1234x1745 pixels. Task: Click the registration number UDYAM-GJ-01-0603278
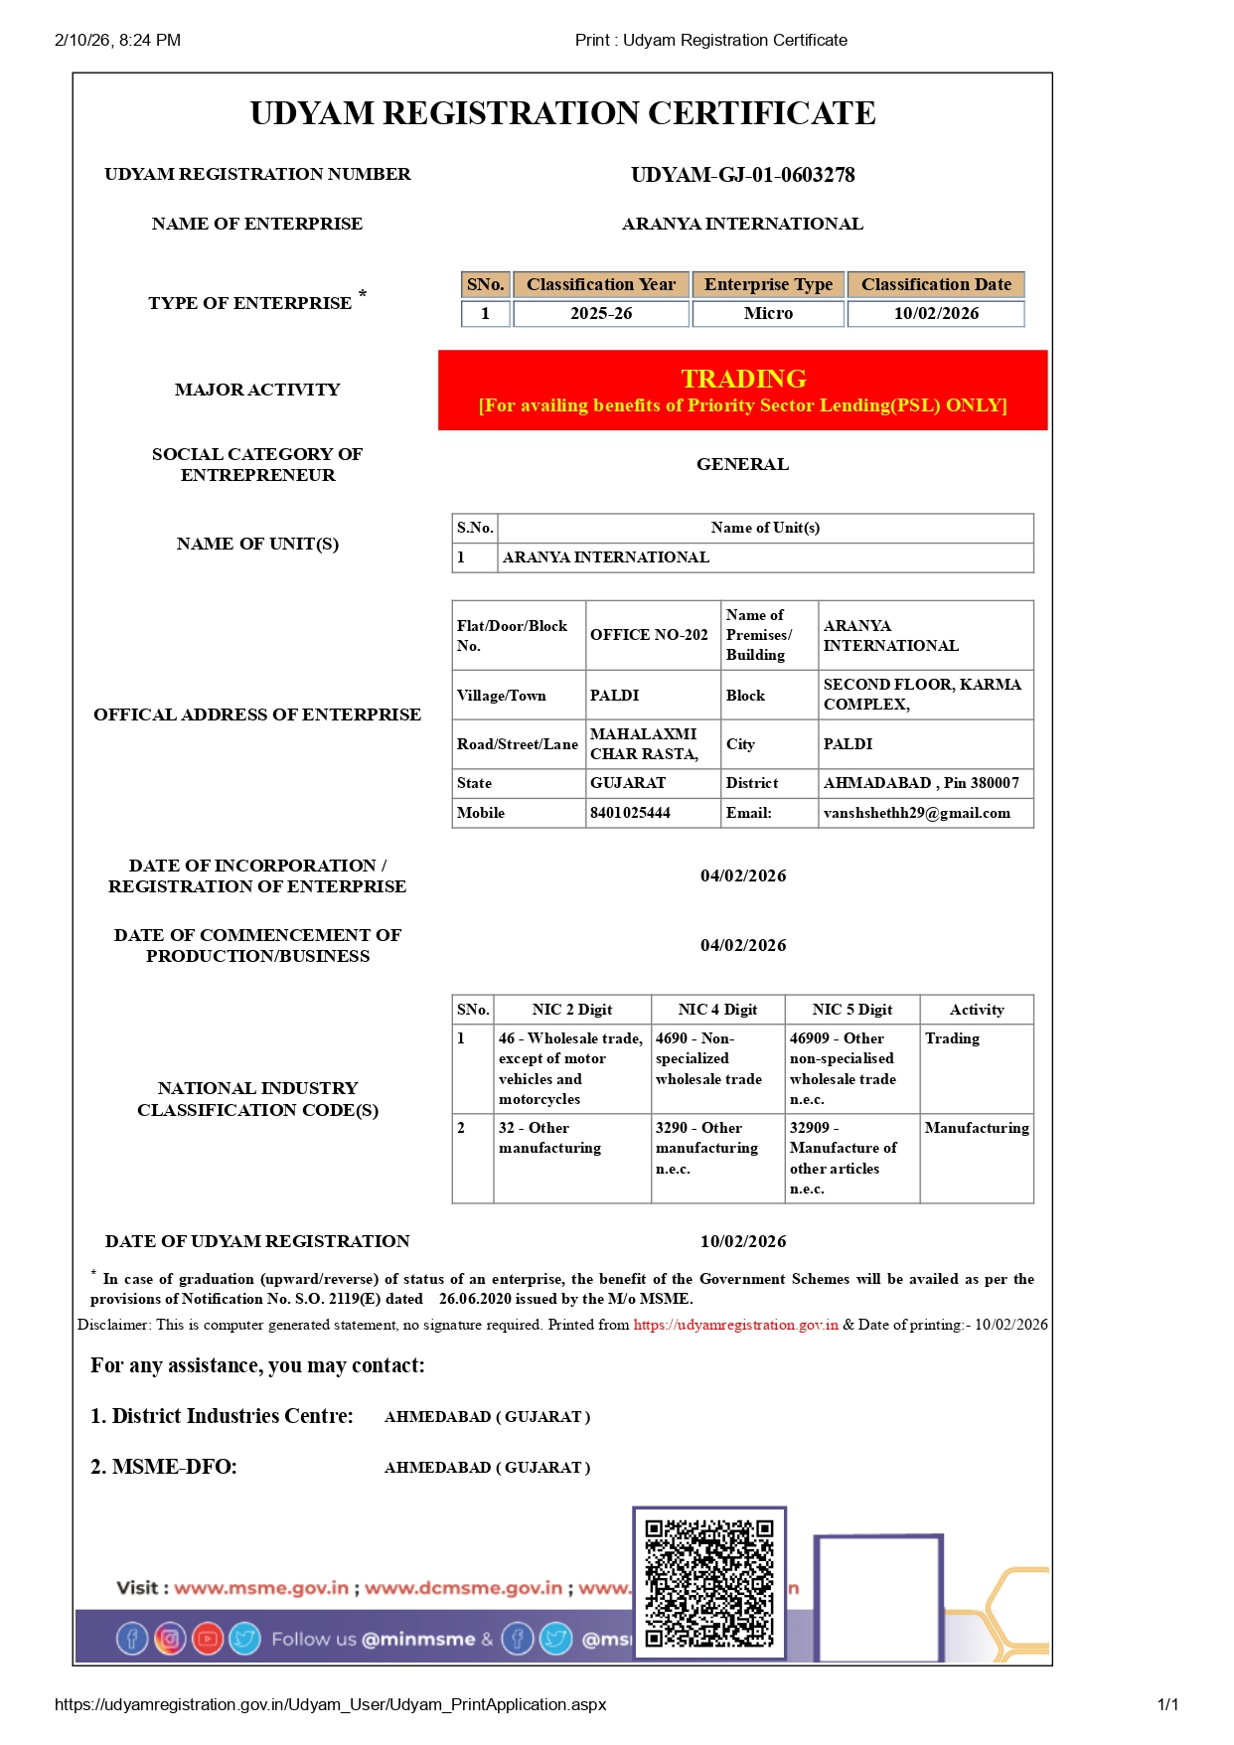(742, 175)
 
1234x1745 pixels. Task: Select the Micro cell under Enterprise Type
(768, 313)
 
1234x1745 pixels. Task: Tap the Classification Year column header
(600, 284)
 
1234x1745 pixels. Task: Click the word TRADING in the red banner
(743, 379)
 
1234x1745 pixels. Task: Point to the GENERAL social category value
(742, 464)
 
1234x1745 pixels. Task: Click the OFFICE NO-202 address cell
(649, 635)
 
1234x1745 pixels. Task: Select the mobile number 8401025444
(630, 813)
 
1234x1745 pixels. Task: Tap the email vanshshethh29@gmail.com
(916, 813)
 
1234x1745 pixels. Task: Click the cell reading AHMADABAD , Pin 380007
(921, 783)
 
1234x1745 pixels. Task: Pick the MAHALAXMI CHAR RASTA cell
(644, 743)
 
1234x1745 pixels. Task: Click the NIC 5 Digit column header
(851, 1010)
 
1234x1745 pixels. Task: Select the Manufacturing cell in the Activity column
(976, 1128)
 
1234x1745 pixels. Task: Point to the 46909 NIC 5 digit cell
(843, 1068)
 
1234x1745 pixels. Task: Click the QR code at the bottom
(709, 1583)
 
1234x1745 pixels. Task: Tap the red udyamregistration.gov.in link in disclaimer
(735, 1325)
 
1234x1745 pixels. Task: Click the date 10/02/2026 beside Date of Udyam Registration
(742, 1241)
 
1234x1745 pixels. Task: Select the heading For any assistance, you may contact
(257, 1365)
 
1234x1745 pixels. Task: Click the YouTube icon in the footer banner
(207, 1639)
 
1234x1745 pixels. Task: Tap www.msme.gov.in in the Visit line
(261, 1588)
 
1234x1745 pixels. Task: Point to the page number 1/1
(1167, 1704)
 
